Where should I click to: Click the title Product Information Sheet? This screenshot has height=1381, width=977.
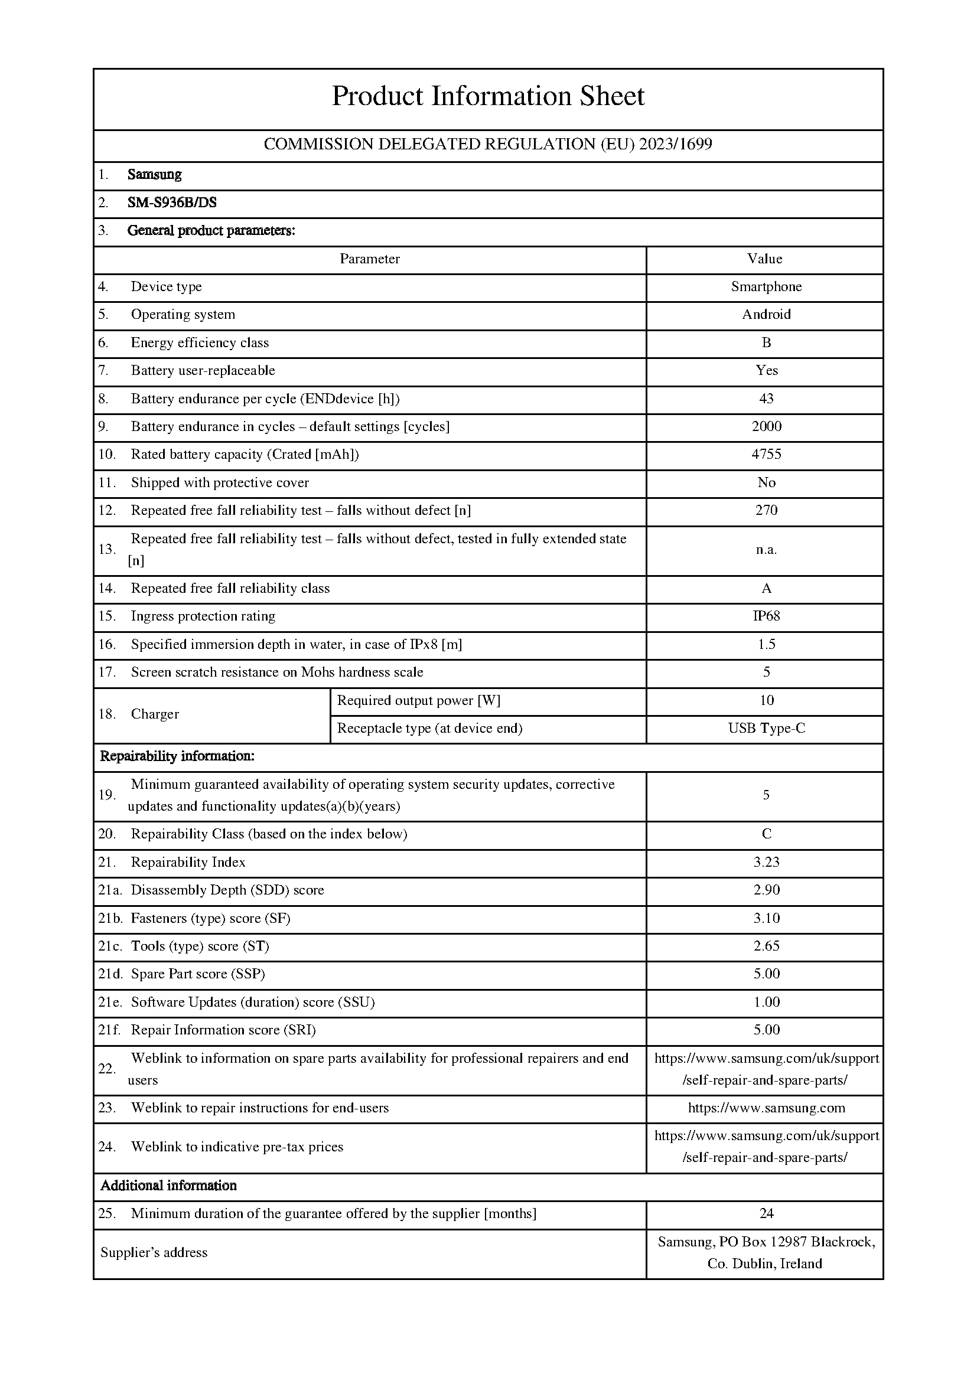pos(488,96)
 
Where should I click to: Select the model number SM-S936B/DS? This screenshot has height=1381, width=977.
pos(172,203)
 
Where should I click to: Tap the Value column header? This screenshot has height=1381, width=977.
pos(764,259)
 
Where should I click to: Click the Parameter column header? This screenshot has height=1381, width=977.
pos(369,259)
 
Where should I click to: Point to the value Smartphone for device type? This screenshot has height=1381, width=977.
pos(766,287)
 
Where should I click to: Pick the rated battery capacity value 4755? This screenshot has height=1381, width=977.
pos(766,454)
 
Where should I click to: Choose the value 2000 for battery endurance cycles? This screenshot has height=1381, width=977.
pos(766,426)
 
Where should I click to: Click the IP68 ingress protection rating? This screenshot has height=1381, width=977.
pos(766,616)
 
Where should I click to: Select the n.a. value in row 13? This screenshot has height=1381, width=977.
pos(766,549)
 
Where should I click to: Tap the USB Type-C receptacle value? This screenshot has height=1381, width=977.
pos(766,729)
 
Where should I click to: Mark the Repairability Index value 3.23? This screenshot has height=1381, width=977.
pos(766,862)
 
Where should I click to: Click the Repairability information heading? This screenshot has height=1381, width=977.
pos(177,756)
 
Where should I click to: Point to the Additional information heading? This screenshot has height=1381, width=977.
pos(168,1186)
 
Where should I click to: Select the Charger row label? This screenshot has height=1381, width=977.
pos(155,714)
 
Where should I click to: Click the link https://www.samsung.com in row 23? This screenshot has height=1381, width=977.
pos(766,1108)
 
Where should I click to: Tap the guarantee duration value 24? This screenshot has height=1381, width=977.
pos(766,1213)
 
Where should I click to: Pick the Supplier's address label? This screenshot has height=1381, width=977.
pos(154,1252)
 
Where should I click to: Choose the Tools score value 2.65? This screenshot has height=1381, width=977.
pos(766,945)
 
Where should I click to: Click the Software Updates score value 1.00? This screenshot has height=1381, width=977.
pos(766,1001)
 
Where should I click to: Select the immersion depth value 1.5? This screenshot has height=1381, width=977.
pos(766,644)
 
